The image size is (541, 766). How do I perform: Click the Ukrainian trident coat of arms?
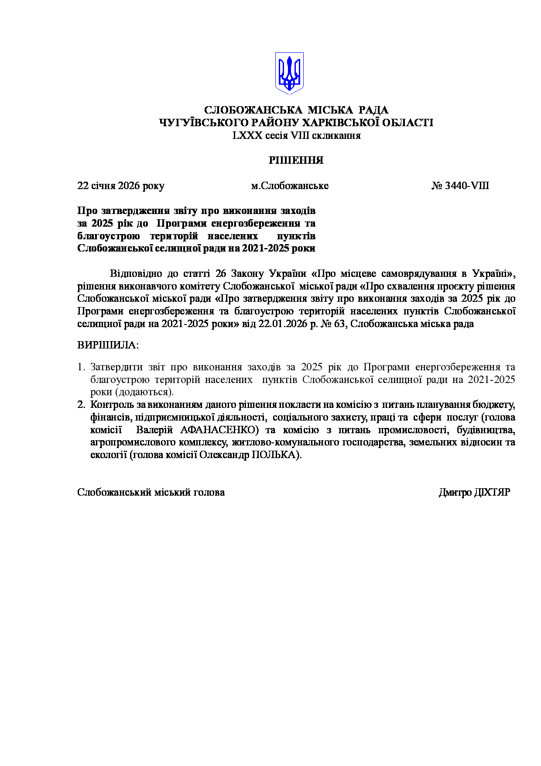(x=289, y=73)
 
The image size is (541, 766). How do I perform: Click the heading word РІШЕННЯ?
(x=296, y=161)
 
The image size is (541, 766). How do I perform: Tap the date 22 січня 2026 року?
(x=121, y=186)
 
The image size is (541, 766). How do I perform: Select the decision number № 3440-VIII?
(x=460, y=186)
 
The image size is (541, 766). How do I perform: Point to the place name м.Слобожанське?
(x=290, y=186)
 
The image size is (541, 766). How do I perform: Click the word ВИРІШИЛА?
(x=107, y=345)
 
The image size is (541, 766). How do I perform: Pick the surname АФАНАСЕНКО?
(x=219, y=430)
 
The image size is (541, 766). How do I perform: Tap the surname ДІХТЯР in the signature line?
(x=492, y=493)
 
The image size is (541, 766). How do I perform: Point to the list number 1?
(x=81, y=367)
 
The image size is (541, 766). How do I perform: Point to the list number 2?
(x=81, y=405)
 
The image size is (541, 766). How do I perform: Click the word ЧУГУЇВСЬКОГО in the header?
(x=199, y=123)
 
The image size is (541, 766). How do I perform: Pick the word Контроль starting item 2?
(x=110, y=405)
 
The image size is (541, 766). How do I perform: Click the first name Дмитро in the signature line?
(x=455, y=493)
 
